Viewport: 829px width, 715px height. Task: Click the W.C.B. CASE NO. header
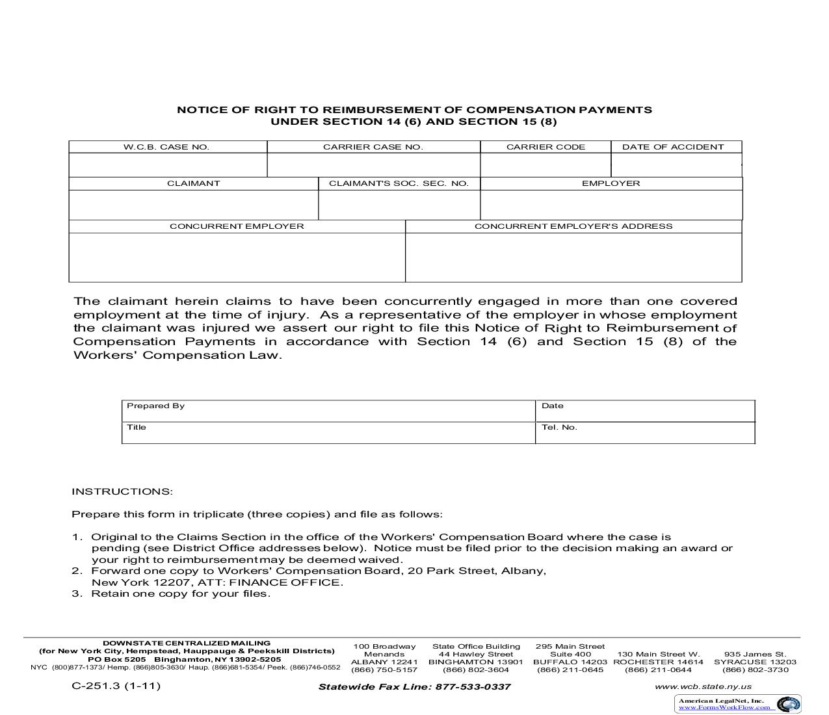166,147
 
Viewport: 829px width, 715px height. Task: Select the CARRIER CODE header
546,147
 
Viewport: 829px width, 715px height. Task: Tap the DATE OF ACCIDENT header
673,147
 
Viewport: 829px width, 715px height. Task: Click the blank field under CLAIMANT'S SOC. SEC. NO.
399,205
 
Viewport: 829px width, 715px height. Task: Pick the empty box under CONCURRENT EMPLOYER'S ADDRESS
573,257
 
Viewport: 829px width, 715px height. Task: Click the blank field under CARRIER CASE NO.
373,165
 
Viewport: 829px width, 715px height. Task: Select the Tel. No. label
559,427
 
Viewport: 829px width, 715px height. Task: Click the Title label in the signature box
137,427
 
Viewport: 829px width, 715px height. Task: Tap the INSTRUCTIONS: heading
122,491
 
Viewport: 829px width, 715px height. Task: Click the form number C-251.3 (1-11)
116,686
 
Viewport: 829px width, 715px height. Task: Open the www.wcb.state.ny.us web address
703,686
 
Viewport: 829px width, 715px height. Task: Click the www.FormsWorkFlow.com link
724,707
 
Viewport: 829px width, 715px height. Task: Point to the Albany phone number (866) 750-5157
384,669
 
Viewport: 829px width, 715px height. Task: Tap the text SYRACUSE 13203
755,662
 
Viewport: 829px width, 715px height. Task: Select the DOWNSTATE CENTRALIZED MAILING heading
187,643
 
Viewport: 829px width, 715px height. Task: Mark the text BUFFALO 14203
570,662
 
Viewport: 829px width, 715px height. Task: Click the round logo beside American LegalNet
789,704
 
